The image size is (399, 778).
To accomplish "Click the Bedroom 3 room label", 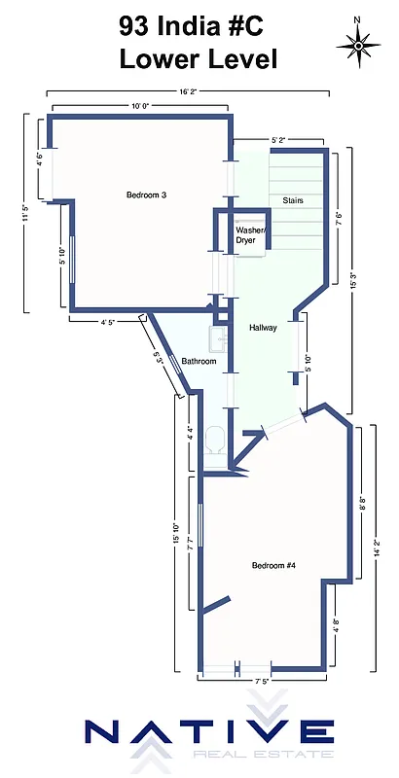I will point(147,195).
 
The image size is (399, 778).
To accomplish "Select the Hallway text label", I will point(263,328).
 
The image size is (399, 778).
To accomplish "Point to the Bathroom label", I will point(199,362).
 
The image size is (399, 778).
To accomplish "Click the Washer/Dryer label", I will point(251,234).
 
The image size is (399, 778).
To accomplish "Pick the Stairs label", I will point(293,200).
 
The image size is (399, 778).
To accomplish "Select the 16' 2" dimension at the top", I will point(190,91).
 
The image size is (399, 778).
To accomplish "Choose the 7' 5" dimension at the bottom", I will point(261,682).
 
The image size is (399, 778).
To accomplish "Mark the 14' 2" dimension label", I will point(376,549).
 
